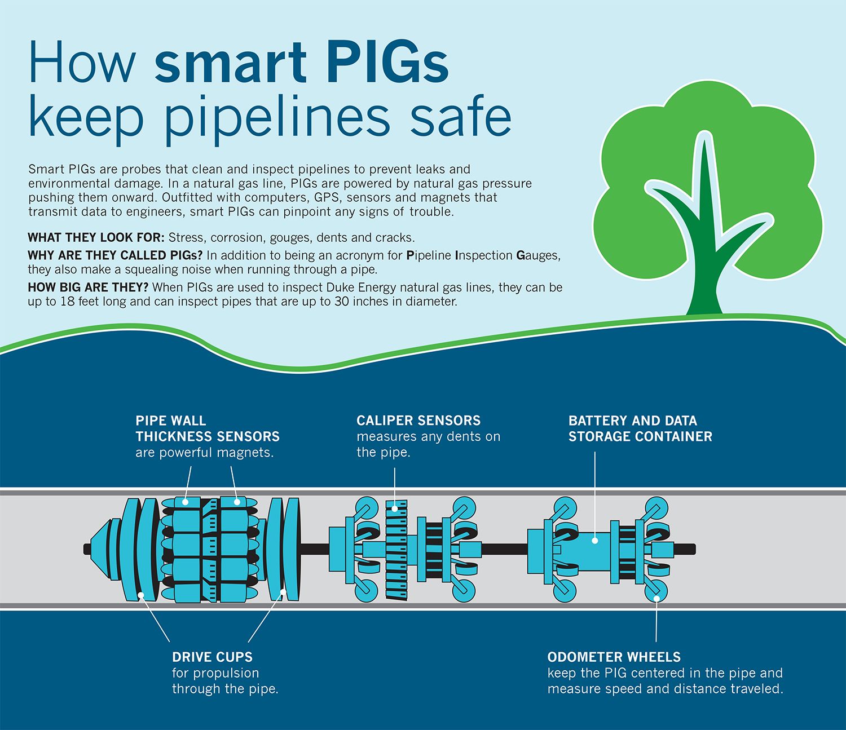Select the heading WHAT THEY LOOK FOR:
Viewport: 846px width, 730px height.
tap(96, 237)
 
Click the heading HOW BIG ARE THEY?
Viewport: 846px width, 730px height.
tap(88, 287)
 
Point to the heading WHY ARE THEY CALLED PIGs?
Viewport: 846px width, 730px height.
tap(115, 255)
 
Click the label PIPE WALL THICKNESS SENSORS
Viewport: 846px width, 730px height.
tap(208, 428)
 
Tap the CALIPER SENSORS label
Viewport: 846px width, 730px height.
tap(418, 420)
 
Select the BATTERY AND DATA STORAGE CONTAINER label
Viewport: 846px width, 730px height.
tap(640, 428)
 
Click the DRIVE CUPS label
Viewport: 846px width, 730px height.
tap(212, 657)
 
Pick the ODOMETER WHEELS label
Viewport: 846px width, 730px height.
tap(614, 657)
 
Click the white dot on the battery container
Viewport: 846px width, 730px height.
tap(595, 541)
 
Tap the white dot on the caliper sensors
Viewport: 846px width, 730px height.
tap(395, 508)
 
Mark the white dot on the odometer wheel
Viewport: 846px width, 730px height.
tap(656, 598)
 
